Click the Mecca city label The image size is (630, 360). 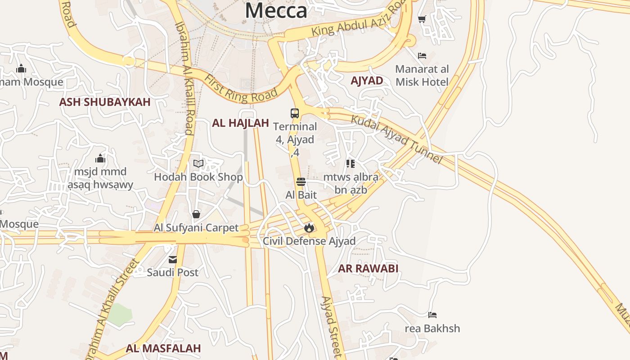tap(276, 10)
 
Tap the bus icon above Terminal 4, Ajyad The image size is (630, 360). tap(295, 113)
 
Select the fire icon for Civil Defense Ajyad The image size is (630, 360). tap(309, 228)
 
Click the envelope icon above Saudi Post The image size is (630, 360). tap(173, 260)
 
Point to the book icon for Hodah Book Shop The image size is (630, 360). tap(198, 164)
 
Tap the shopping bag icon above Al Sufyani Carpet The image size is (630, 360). tap(196, 214)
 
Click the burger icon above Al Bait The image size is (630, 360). tap(301, 182)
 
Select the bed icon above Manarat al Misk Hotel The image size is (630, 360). tap(422, 56)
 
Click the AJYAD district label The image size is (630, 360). tap(367, 81)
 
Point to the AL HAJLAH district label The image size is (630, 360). tap(240, 123)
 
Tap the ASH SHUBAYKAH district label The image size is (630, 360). tap(105, 102)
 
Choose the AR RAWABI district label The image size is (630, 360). tap(368, 269)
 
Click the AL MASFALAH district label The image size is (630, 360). tap(163, 348)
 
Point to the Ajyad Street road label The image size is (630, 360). tap(332, 327)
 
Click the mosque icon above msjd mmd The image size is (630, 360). tap(100, 158)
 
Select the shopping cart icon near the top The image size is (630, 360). tap(422, 19)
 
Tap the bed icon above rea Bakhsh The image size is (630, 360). tap(432, 315)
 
